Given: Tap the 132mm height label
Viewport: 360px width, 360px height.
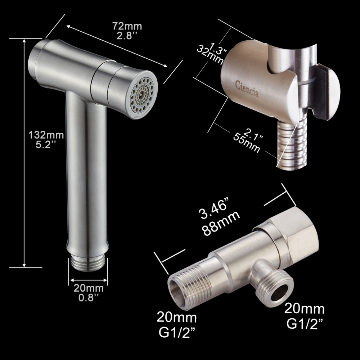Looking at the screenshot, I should [x=46, y=135].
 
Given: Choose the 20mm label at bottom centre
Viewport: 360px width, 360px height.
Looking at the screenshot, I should [x=176, y=318].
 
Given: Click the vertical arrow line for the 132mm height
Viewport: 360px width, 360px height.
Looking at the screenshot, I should [x=24, y=151].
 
